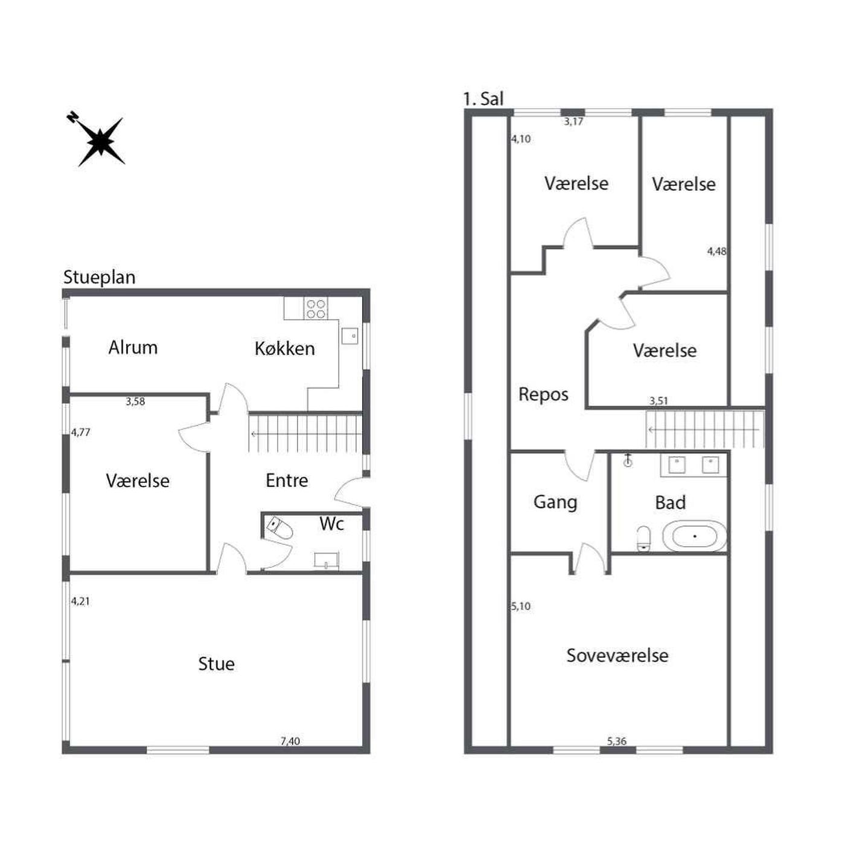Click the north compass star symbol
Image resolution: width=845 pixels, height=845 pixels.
pos(100,141)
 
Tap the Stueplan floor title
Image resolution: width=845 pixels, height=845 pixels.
pos(100,277)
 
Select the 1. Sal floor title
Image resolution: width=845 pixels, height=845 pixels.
pos(483,98)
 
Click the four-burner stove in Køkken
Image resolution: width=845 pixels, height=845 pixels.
pos(316,308)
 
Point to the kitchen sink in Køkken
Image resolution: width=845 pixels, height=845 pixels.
pos(349,336)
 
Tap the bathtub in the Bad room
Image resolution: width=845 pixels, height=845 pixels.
pos(694,536)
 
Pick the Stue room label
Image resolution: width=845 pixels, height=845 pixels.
pos(216,663)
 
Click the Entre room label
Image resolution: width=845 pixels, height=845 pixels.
pos(287,480)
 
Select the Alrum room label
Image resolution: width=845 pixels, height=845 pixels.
pos(133,347)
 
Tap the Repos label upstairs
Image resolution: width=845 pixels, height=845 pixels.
pos(543,395)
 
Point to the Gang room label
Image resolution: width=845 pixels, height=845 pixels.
pos(555,502)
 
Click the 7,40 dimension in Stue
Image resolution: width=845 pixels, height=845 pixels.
pos(290,741)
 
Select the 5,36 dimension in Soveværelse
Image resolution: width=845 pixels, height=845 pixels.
pos(616,741)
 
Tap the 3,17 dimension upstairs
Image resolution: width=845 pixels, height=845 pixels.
pos(573,121)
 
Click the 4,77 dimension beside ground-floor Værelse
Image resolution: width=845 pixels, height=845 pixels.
pos(81,432)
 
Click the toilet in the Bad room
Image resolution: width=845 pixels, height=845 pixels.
pos(643,538)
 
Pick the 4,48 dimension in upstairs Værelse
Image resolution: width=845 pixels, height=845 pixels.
pos(716,251)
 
